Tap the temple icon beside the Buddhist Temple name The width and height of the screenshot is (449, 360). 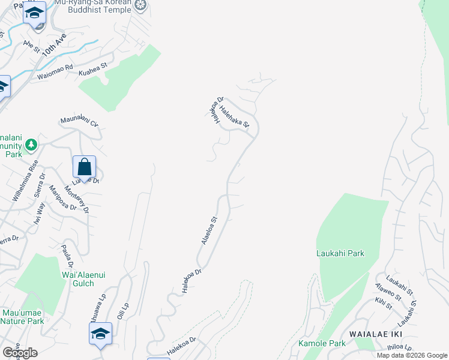pyautogui.click(x=140, y=6)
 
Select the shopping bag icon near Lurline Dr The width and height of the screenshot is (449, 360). pyautogui.click(x=85, y=167)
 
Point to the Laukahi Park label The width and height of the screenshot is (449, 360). pyautogui.click(x=340, y=253)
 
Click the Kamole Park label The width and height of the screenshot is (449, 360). pyautogui.click(x=322, y=344)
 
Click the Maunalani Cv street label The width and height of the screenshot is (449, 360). pyautogui.click(x=79, y=122)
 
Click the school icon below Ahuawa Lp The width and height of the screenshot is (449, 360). pyautogui.click(x=100, y=334)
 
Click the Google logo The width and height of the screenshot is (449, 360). pyautogui.click(x=20, y=353)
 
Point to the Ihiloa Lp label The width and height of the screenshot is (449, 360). pyautogui.click(x=399, y=347)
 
